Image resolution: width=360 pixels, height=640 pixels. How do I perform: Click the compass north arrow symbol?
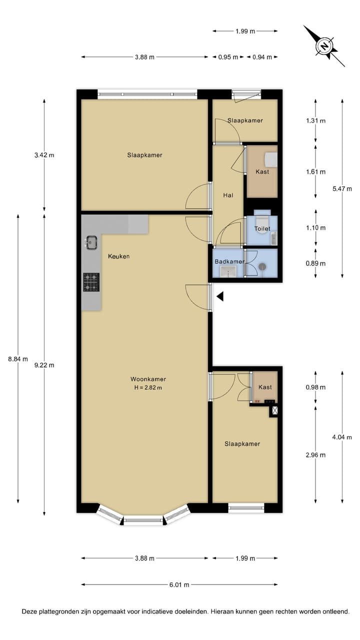[x=324, y=46]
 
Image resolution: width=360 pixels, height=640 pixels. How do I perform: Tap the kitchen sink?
[x=91, y=242]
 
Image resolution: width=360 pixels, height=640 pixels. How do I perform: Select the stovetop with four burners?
[x=91, y=281]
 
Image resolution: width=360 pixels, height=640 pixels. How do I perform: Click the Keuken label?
[x=119, y=256]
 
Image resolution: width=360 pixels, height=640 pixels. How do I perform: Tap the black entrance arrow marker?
[x=219, y=297]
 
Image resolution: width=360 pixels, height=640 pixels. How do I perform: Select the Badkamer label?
[x=229, y=261]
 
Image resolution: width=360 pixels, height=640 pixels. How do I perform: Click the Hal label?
[x=228, y=195]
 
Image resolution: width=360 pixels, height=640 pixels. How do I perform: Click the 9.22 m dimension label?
[x=44, y=365]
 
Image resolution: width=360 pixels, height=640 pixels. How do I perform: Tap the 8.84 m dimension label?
[x=18, y=358]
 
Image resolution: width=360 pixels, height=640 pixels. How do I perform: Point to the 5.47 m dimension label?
[x=342, y=188]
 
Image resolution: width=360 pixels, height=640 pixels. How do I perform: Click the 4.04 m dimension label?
[x=342, y=437]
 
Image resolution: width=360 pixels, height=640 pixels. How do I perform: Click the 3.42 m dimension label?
[x=44, y=155]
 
